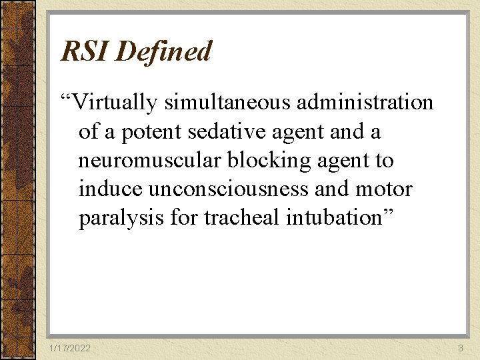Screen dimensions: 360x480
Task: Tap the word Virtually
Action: coord(113,103)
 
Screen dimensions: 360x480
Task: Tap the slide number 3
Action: coord(460,349)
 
